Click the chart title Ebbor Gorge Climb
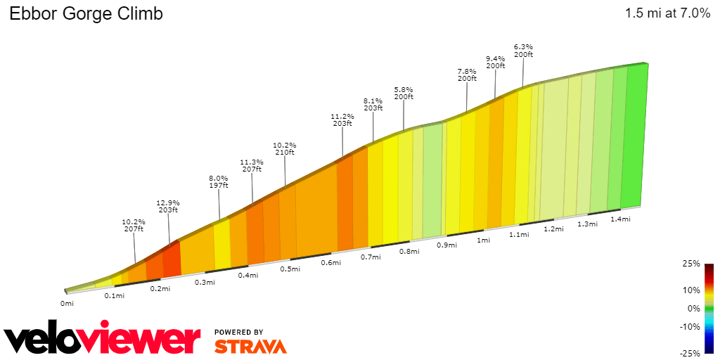click(86, 14)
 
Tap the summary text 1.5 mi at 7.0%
click(667, 14)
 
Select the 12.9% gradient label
click(168, 202)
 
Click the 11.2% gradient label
click(342, 115)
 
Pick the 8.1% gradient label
click(373, 101)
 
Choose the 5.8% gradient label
click(404, 89)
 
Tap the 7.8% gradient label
click(467, 71)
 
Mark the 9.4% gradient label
click(496, 58)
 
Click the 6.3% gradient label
click(523, 46)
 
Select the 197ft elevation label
click(219, 186)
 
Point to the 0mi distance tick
click(67, 303)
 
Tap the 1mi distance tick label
click(483, 240)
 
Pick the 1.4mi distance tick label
click(620, 219)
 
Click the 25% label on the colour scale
click(692, 264)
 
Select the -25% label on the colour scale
click(690, 353)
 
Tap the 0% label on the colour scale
click(694, 308)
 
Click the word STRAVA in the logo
click(250, 346)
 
